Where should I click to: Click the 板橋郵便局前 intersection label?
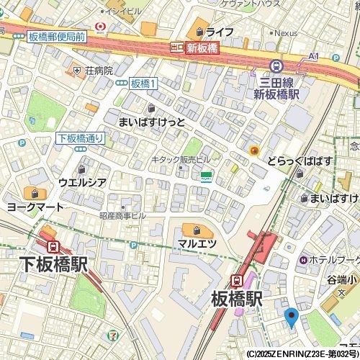click(57, 36)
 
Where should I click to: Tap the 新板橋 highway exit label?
click(202, 48)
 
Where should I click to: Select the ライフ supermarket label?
click(219, 32)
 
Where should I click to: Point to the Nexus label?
click(285, 33)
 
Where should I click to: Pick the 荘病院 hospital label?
click(99, 71)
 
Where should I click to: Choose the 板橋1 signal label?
click(144, 84)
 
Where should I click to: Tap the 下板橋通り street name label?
click(80, 138)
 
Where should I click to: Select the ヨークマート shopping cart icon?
click(33, 193)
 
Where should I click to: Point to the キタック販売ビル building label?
click(180, 159)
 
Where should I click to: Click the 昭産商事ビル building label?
click(122, 215)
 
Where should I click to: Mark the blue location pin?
click(291, 317)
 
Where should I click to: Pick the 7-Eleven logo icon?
click(113, 336)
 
